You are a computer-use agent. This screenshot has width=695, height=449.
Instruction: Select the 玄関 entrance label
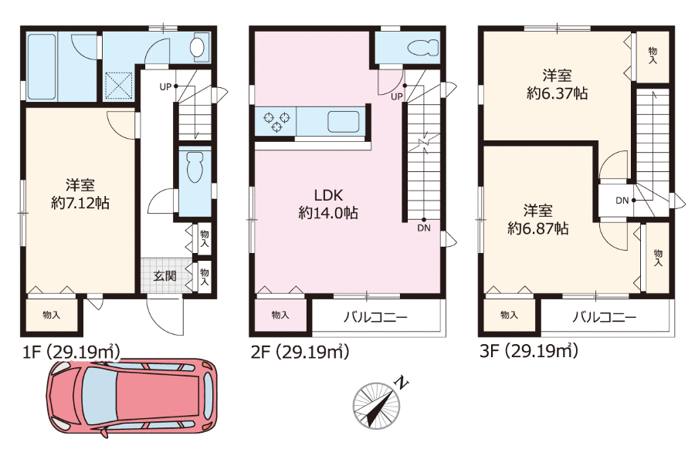165,276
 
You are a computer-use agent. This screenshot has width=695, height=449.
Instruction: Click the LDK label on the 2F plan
328,195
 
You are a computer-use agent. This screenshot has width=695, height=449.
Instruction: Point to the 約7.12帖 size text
80,203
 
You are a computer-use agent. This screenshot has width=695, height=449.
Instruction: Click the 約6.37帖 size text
557,93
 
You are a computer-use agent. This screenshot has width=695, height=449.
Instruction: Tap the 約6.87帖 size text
538,228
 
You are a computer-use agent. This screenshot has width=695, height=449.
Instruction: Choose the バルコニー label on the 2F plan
375,317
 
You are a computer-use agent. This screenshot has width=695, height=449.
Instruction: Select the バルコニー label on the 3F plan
605,317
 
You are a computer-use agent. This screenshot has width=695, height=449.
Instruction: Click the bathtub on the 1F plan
42,67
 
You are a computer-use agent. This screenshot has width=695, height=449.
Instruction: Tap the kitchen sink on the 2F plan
344,122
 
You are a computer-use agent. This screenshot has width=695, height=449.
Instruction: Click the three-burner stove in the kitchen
276,122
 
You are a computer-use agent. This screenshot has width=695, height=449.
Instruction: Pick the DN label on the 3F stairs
622,200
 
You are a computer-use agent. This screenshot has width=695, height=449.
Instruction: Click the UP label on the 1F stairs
165,86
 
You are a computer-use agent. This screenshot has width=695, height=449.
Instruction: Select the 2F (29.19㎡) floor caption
300,352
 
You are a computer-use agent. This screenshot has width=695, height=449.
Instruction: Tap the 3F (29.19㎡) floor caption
529,352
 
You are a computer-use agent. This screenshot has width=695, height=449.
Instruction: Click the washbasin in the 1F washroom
197,47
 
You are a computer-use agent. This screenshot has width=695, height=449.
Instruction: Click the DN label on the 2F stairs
424,228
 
